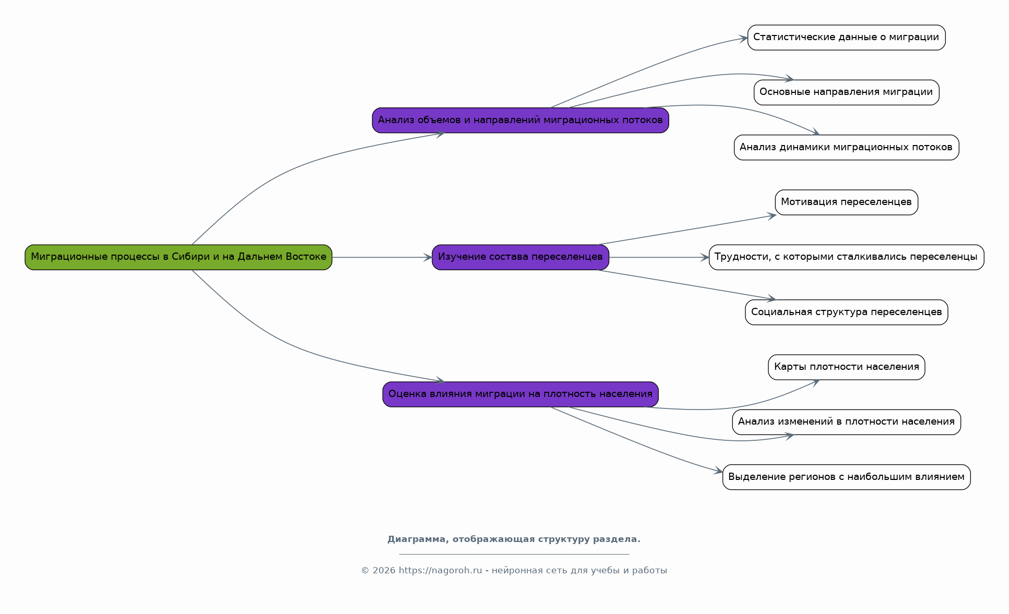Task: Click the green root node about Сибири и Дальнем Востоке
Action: (x=179, y=257)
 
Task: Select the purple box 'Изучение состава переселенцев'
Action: (x=520, y=257)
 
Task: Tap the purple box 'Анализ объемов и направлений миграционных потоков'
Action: (x=520, y=120)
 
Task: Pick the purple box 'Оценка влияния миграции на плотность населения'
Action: (x=520, y=394)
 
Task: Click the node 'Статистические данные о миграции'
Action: (x=846, y=38)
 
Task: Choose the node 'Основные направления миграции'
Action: (x=846, y=92)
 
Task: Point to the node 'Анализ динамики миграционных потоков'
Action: (x=846, y=147)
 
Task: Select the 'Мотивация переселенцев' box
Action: (x=846, y=202)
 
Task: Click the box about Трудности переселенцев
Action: (x=846, y=257)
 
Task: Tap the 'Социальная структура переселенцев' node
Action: (x=846, y=312)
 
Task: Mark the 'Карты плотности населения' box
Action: (x=846, y=367)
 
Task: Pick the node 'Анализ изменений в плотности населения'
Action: (x=846, y=422)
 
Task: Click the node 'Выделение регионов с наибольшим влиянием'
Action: (x=846, y=477)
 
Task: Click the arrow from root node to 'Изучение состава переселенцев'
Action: (x=382, y=257)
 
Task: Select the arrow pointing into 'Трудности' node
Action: (x=659, y=257)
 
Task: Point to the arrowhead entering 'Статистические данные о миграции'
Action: (x=743, y=38)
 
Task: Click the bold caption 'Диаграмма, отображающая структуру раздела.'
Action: (x=514, y=539)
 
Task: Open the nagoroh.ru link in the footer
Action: (x=440, y=570)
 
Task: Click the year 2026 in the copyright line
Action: (x=384, y=570)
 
